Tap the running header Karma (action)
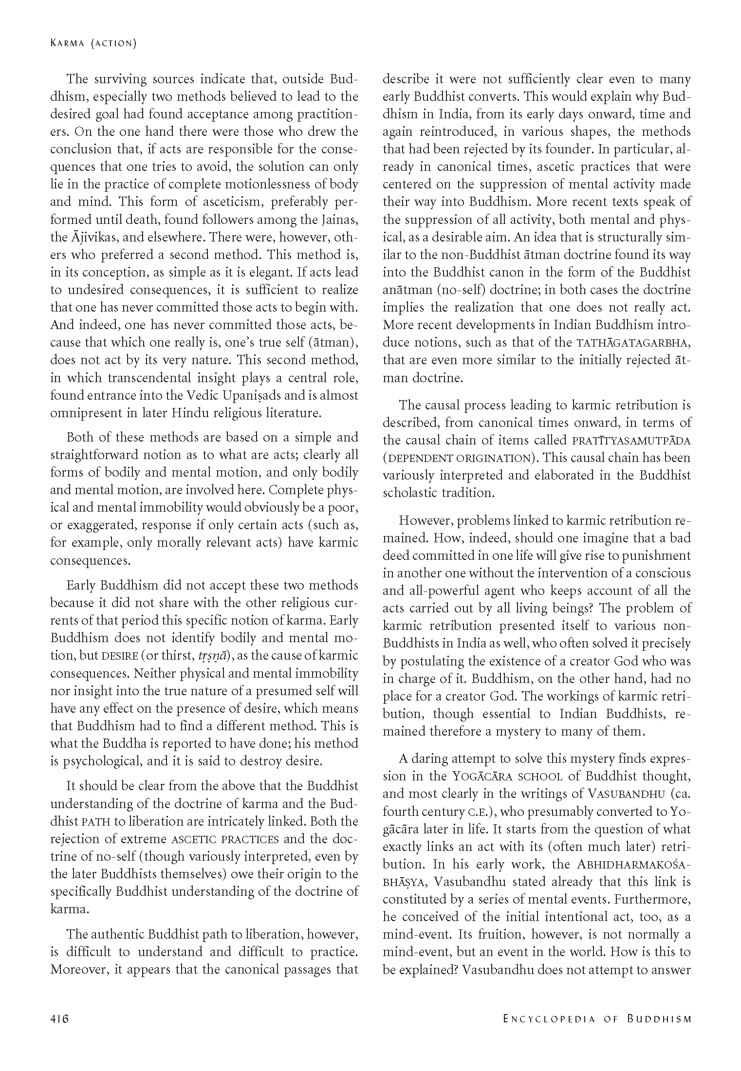point(93,43)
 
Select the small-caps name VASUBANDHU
point(627,794)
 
